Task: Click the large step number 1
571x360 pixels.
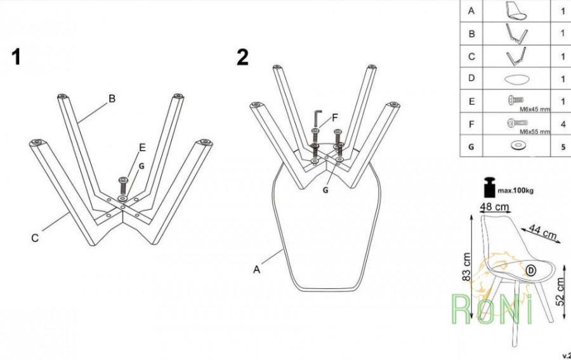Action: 16,57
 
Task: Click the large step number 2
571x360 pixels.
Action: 242,57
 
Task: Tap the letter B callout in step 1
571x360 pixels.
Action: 112,98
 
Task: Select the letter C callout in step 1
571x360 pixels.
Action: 35,238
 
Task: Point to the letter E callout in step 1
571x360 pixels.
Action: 142,147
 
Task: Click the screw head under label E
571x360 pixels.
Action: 124,180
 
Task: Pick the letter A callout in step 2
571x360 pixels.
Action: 257,270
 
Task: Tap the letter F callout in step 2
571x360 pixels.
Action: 335,117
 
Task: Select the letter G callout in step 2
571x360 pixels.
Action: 325,190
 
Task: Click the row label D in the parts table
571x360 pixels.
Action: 471,78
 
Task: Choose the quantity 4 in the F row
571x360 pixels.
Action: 563,124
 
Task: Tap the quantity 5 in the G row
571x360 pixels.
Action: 563,147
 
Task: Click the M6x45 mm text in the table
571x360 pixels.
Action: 535,109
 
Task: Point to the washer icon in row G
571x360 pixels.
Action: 516,146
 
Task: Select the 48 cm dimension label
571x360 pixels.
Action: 494,207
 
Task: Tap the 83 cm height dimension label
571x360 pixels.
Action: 466,267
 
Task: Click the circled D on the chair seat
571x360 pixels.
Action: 531,270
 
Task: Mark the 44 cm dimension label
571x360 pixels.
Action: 542,232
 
